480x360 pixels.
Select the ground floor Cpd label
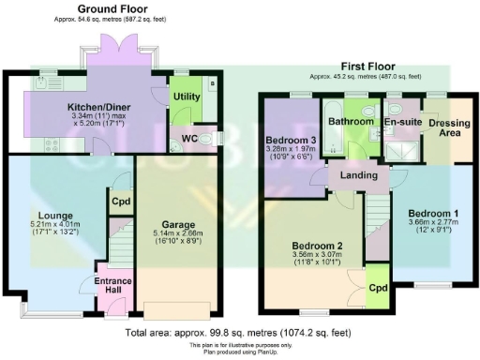point(120,200)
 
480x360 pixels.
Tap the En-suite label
point(400,121)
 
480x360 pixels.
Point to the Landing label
point(358,174)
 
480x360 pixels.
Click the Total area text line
point(239,332)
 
